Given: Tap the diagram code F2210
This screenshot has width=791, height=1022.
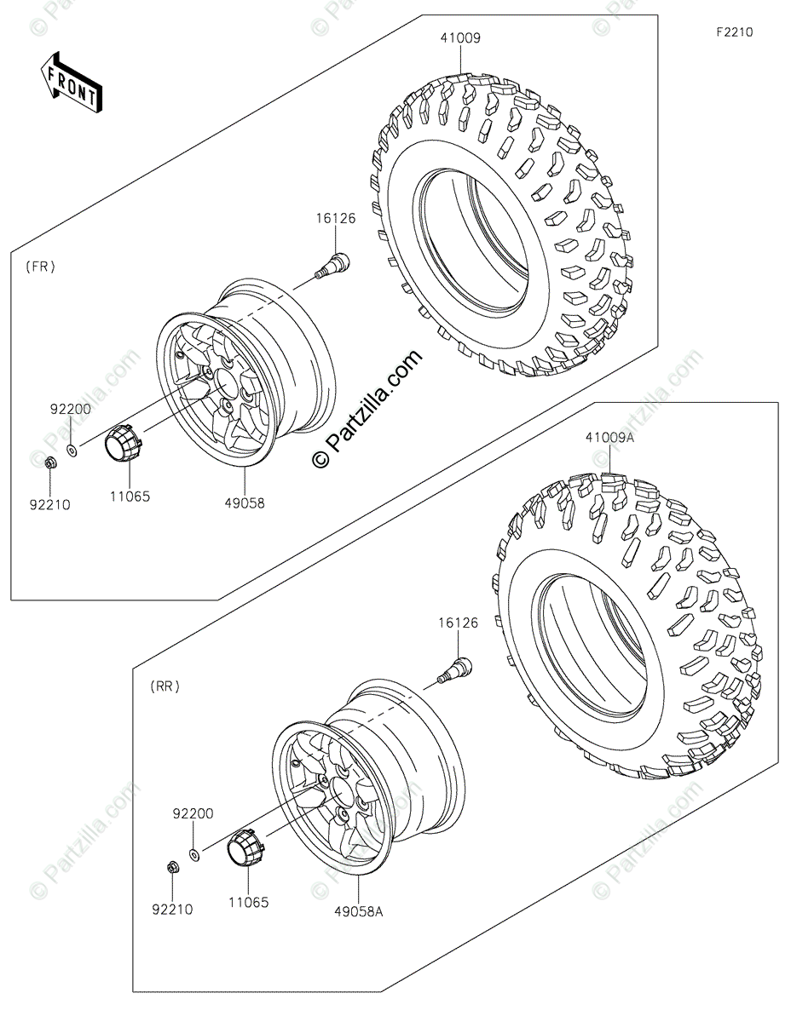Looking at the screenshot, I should click(x=734, y=32).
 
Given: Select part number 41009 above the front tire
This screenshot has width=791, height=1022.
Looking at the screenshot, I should click(x=461, y=37).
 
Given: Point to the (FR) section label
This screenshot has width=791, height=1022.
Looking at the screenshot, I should click(x=40, y=267).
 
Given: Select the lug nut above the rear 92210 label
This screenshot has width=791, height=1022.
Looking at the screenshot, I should click(x=170, y=868).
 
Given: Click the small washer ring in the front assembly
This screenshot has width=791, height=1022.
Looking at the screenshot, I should click(x=73, y=448).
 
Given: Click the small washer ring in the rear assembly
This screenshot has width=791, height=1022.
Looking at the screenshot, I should click(x=195, y=853).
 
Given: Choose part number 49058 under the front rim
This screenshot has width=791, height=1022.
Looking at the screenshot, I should click(x=245, y=503).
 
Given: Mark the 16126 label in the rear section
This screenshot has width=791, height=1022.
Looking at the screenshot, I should click(x=458, y=623).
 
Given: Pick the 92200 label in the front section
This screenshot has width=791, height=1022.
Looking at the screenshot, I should click(x=70, y=409).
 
